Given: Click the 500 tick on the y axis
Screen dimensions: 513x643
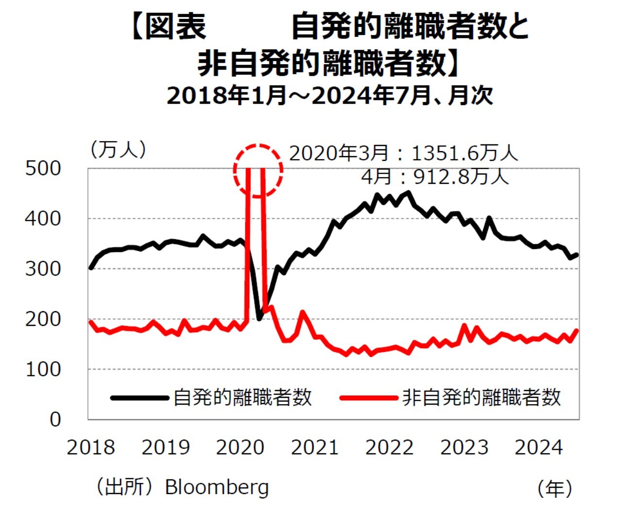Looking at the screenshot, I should (43, 169).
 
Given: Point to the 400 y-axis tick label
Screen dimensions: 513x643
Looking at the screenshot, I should (43, 219).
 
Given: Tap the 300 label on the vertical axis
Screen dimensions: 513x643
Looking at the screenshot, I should (43, 269).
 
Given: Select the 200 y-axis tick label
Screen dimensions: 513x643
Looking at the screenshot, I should (43, 319).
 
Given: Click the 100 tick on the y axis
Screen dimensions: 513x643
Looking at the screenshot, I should (43, 370).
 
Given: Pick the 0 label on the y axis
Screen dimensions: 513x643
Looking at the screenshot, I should (55, 420).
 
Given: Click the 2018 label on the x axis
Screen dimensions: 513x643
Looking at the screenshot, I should (91, 447).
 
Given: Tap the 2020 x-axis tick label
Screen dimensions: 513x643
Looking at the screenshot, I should (240, 447).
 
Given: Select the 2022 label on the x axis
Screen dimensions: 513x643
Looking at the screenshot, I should (389, 447).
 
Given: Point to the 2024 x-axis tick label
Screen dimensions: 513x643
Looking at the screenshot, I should (539, 447).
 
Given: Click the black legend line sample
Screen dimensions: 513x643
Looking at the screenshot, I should (140, 398).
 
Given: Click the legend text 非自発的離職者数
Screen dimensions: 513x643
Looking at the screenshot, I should (481, 398).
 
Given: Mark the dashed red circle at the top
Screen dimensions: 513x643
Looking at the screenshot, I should (258, 171).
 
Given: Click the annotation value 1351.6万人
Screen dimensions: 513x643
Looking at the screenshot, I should (465, 154).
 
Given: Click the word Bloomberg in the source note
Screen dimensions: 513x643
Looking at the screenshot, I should (217, 487).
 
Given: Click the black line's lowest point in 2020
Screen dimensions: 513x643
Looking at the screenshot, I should (260, 318).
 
